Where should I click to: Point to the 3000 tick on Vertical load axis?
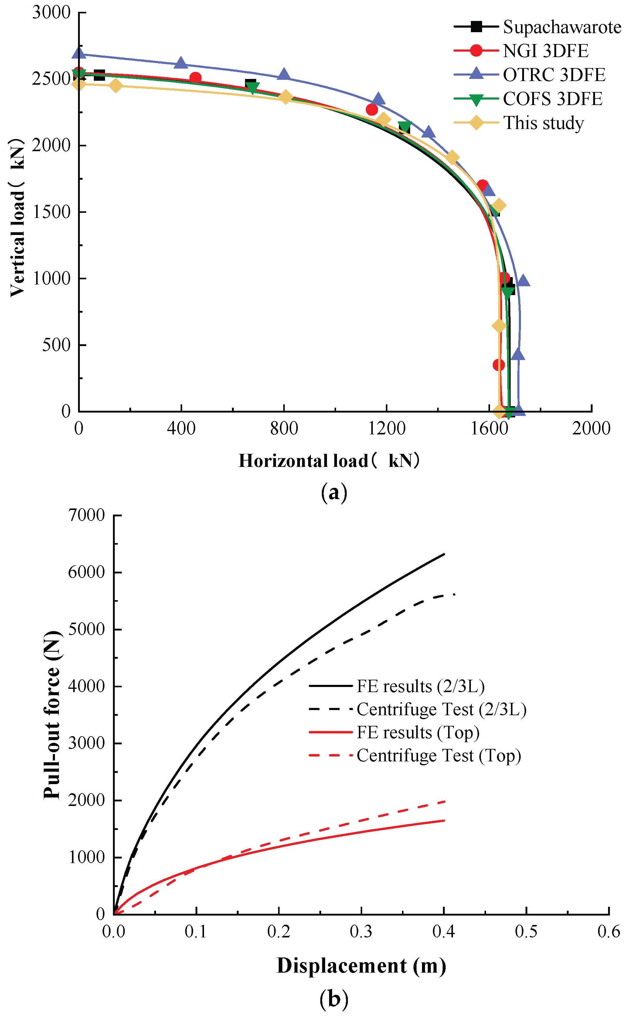coord(52,12)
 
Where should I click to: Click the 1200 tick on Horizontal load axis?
coord(386,428)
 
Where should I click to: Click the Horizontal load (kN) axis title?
coord(329,461)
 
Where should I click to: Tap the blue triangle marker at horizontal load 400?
coord(181,63)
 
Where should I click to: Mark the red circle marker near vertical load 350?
coord(498,365)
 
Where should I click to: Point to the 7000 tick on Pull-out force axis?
coord(87,515)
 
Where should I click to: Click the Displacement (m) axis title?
coord(361,966)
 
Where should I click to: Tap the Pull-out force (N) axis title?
coord(52,715)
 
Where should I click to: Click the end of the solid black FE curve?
coord(444,554)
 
